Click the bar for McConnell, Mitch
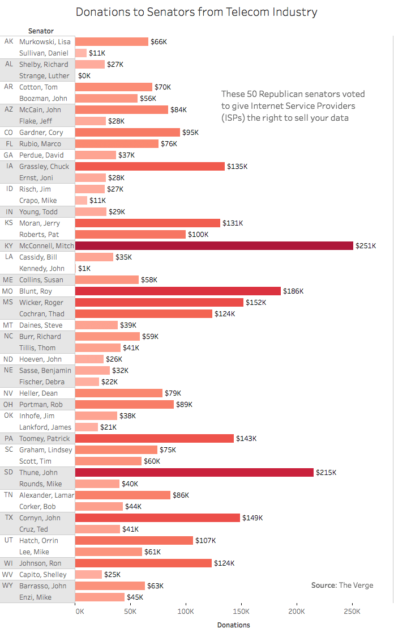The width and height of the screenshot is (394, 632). pos(214,245)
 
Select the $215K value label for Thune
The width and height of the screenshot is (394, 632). pos(327,472)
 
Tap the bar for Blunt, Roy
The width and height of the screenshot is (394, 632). pos(178,291)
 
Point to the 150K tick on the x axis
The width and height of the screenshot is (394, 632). pos(241,612)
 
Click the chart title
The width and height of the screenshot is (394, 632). pos(196,12)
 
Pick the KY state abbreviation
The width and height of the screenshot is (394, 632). pos(8,245)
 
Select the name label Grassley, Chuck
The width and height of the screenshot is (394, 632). pos(44,166)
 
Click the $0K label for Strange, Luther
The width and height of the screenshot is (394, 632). pos(84,75)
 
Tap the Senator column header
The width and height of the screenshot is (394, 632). pos(41,31)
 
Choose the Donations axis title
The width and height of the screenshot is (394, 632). pos(233,625)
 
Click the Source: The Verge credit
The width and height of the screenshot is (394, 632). pos(342,585)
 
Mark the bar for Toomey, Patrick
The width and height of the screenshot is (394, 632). pos(155,438)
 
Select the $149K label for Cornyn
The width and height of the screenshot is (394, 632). pos(252,518)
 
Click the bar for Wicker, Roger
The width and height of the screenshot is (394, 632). pos(159,302)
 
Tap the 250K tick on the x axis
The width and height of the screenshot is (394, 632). pos(352,612)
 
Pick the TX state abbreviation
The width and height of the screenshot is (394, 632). pos(8,518)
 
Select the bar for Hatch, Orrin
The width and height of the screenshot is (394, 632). pos(134,540)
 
